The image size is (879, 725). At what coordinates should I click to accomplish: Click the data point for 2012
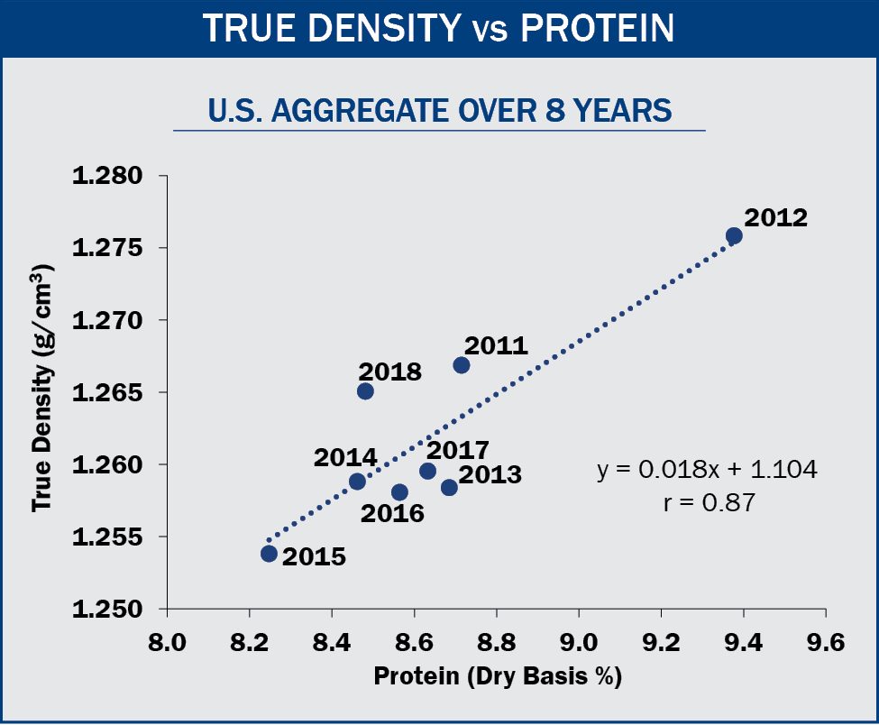pos(734,235)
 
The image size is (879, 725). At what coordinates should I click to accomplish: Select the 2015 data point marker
pos(269,554)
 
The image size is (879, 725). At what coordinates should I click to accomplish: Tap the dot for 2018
pos(365,391)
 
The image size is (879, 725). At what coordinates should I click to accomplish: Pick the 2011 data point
pos(462,365)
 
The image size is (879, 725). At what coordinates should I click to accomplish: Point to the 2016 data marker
pos(399,492)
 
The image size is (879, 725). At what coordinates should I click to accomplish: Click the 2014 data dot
pos(357,482)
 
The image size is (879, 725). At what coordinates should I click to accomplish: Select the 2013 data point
pos(449,488)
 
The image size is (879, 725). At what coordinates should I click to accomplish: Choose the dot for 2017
pos(428,472)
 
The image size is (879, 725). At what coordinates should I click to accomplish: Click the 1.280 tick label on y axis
pos(111,176)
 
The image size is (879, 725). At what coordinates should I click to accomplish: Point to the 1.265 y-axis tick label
pos(111,393)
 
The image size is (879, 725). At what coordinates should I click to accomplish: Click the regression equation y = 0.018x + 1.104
pos(707,471)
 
